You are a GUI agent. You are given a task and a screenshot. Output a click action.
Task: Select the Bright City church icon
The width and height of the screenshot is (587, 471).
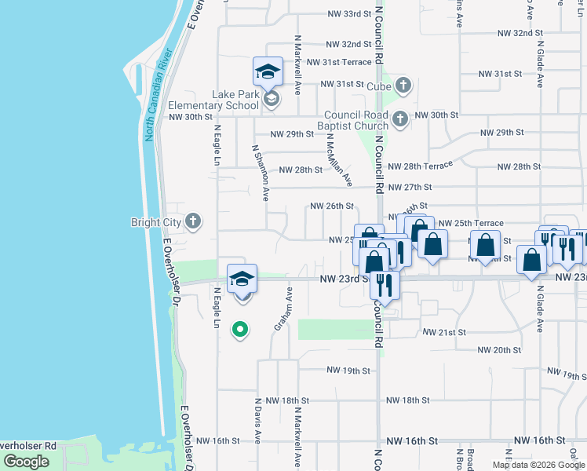193,222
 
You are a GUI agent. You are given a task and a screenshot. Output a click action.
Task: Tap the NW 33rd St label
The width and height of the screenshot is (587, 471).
348,14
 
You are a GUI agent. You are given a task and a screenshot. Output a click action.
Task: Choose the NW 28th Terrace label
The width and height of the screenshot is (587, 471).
421,167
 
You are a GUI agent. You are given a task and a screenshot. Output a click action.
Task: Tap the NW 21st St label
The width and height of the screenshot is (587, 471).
444,333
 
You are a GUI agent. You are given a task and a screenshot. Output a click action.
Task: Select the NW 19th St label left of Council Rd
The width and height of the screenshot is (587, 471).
348,371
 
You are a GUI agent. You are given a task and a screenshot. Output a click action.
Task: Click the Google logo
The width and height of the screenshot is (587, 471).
26,462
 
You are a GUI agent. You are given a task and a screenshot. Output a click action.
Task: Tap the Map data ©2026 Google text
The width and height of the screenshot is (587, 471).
538,465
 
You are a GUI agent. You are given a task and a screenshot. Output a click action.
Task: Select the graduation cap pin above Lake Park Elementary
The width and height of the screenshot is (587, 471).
267,72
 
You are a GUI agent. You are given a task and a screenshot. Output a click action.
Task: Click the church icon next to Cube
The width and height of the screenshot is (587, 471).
403,85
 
